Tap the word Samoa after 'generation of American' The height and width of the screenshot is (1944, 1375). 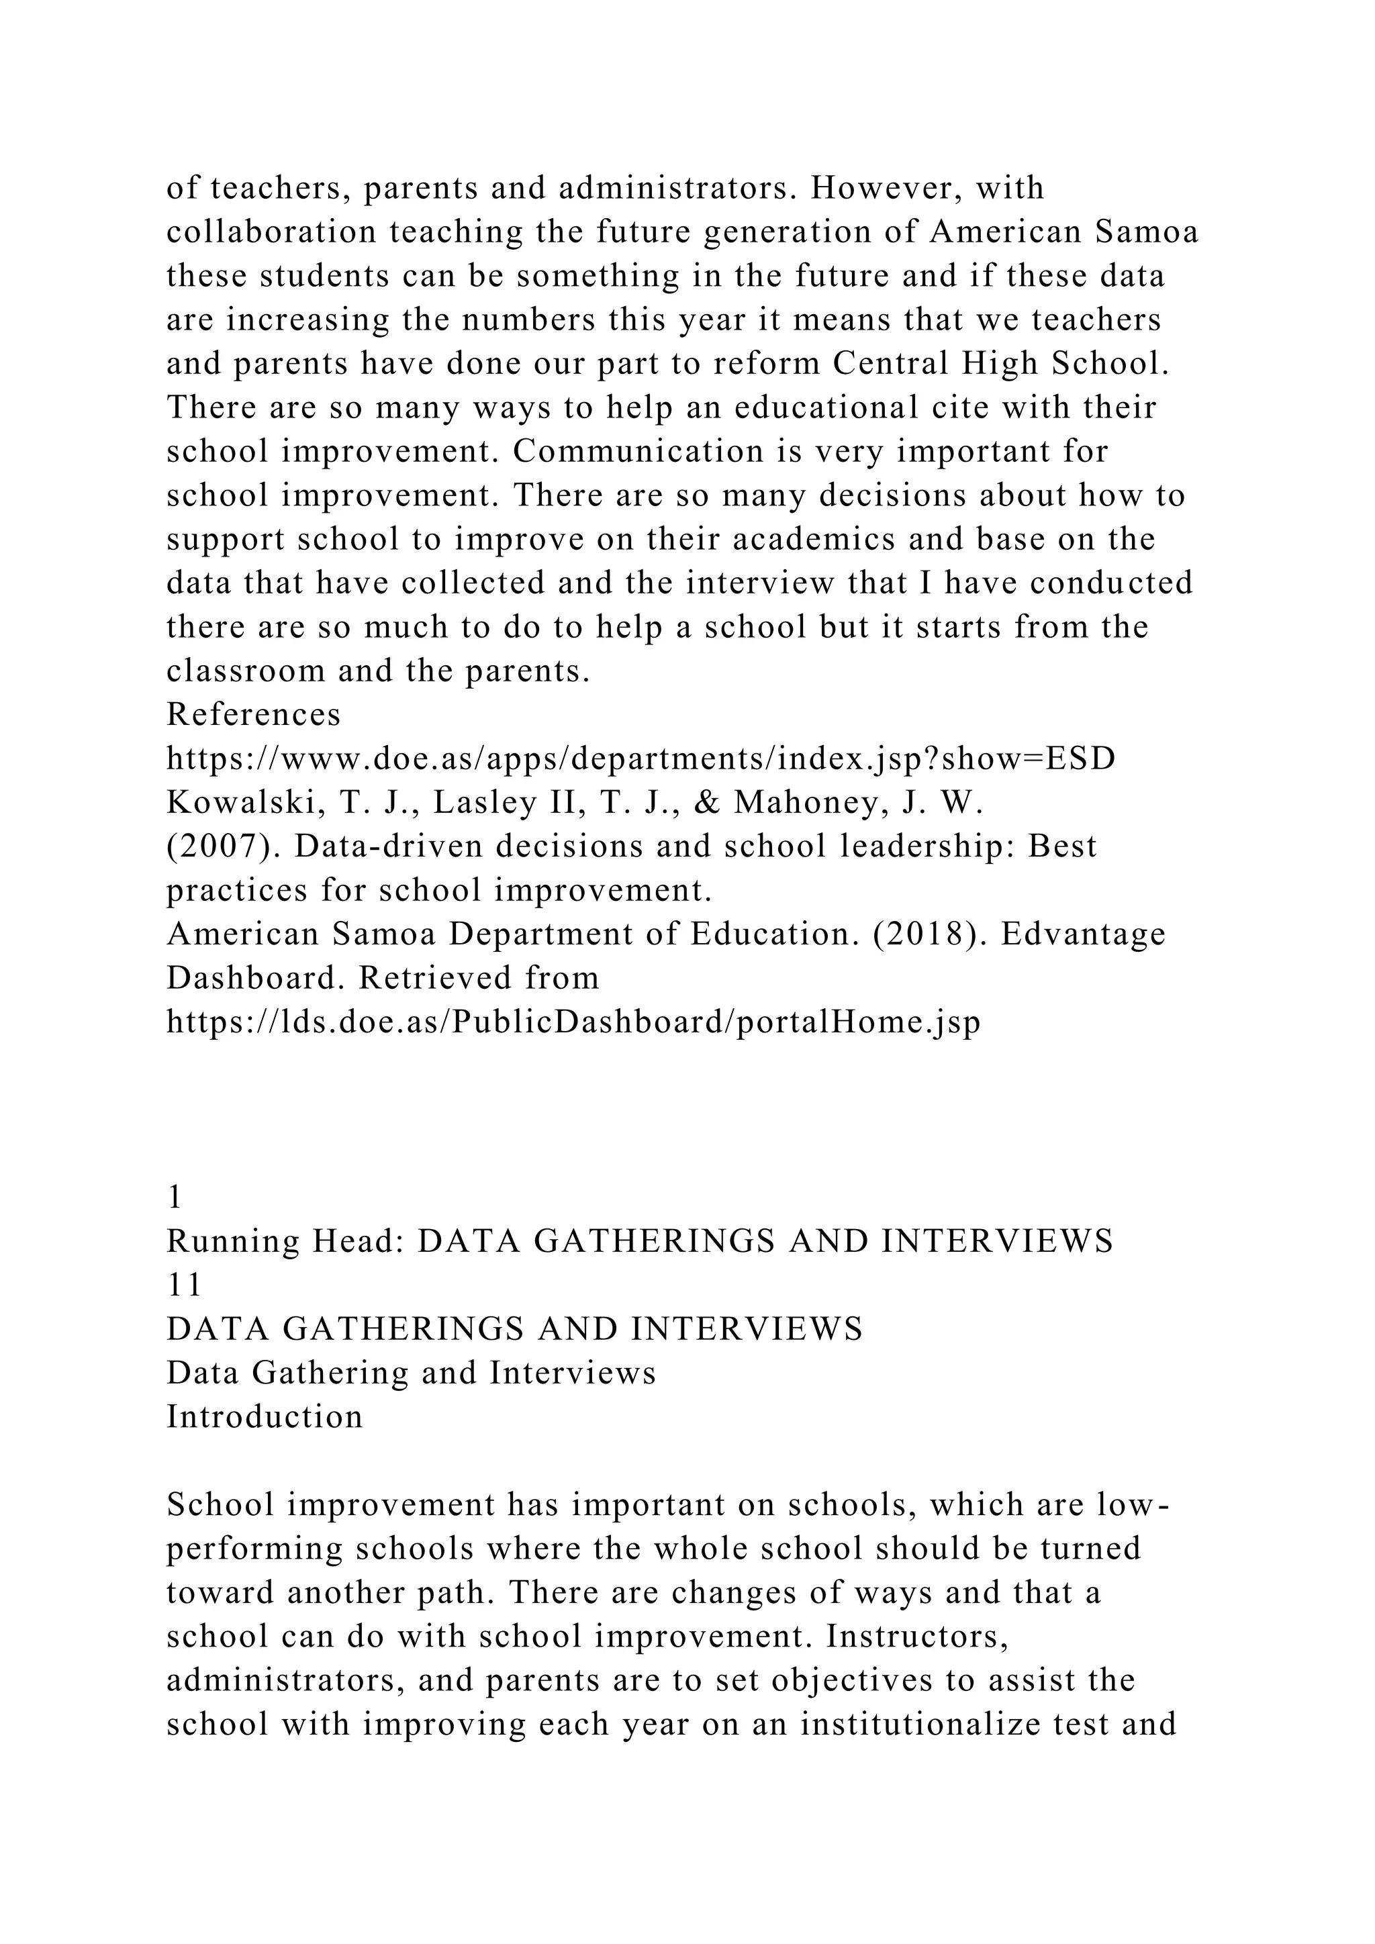click(1147, 232)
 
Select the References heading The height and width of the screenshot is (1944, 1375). click(253, 715)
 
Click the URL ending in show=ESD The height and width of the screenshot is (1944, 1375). click(640, 759)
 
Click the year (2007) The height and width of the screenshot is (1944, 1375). click(222, 846)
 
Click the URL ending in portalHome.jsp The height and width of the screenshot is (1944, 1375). click(573, 1022)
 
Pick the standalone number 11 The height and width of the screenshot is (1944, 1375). click(184, 1285)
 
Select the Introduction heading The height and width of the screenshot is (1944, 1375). click(264, 1416)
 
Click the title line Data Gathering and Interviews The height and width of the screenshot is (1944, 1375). click(411, 1373)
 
